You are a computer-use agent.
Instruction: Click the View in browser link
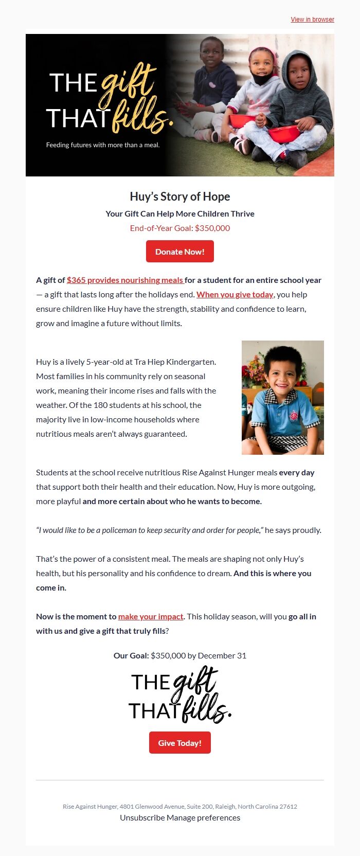click(312, 20)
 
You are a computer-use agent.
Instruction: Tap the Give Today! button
click(179, 743)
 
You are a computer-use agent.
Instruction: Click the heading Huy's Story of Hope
click(179, 197)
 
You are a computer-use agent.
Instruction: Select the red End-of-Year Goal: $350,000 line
click(179, 228)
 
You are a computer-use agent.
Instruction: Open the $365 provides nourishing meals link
click(125, 280)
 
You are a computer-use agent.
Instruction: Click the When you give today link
click(235, 295)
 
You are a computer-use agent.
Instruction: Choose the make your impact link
click(151, 617)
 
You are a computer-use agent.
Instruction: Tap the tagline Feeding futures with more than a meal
click(103, 145)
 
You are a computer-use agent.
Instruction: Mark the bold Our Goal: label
click(131, 656)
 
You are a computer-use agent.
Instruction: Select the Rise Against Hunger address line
click(179, 807)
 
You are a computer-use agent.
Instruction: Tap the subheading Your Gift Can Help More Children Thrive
click(179, 213)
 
